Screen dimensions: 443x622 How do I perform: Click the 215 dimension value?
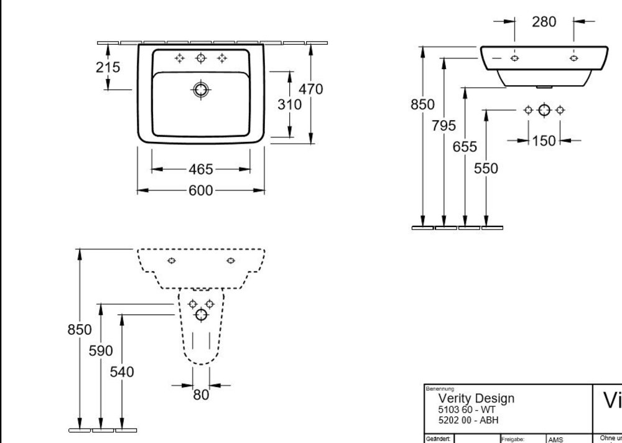tap(108, 67)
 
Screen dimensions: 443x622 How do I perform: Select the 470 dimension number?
tap(310, 90)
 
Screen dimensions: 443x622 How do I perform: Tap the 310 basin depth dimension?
tap(289, 105)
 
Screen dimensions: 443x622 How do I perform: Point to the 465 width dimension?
tap(201, 169)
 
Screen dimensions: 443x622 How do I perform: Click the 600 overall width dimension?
tap(201, 190)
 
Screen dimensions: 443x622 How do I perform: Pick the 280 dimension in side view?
tap(544, 22)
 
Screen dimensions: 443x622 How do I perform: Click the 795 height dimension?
tap(444, 126)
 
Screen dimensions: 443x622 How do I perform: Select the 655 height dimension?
tap(465, 147)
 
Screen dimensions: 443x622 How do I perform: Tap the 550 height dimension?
tap(486, 168)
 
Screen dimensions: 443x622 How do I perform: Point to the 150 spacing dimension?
tap(544, 141)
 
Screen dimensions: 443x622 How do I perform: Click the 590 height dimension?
tap(101, 351)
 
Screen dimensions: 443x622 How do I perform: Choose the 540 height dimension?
tap(122, 372)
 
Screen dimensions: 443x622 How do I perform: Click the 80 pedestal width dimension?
tap(201, 394)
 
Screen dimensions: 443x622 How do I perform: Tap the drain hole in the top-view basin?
tap(200, 90)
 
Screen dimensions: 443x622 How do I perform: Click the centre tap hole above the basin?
tap(200, 58)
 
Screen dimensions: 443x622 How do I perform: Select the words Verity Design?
tap(476, 398)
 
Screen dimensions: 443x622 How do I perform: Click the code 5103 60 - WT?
tap(466, 409)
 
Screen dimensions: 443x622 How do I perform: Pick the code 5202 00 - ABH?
tap(468, 419)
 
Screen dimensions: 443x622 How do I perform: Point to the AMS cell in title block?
tap(555, 439)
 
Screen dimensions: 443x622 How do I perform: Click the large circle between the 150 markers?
tap(544, 110)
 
